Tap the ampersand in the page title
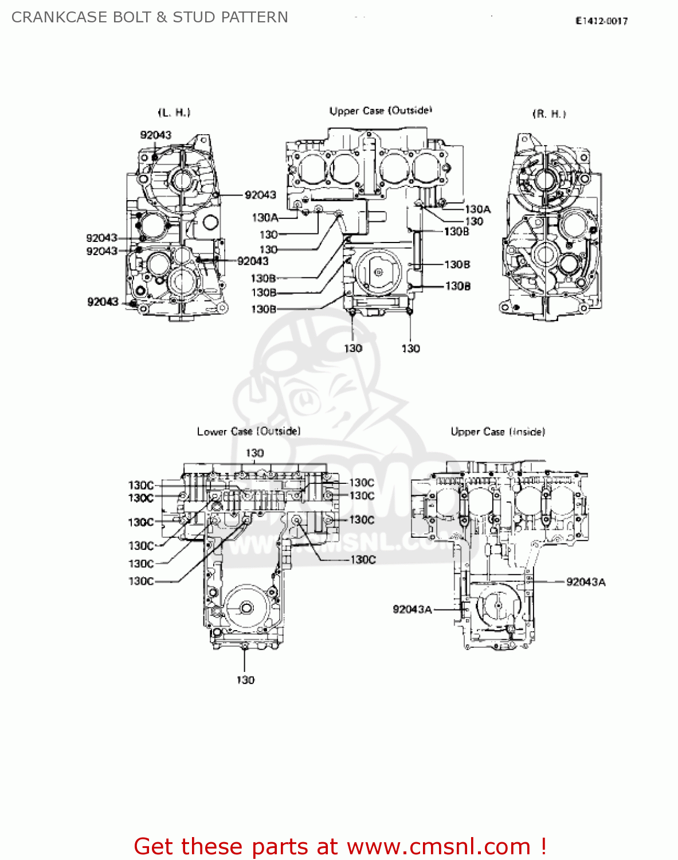coord(161,17)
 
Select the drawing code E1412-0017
coord(601,21)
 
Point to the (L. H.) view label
coord(174,112)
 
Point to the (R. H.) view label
coord(549,114)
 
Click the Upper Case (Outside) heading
coord(381,111)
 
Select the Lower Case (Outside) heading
coord(248,431)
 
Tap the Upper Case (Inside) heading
coord(497,432)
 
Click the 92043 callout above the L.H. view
coord(155,135)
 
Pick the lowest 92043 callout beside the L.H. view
coord(103,302)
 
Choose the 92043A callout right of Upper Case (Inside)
coord(585,582)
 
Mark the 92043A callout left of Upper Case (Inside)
coord(412,609)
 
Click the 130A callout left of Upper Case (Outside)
coord(265,218)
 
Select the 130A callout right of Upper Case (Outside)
coord(477,209)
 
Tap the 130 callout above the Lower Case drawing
coord(254,453)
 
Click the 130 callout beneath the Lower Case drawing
coord(245,680)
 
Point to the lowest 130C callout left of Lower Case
coord(141,581)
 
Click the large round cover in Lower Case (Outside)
coord(246,608)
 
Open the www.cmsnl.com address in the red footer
coord(438,846)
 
